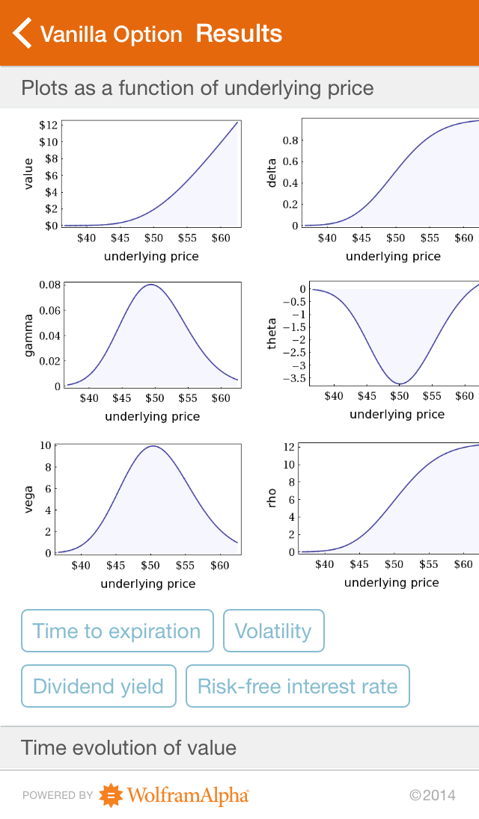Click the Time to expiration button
click(118, 631)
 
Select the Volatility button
click(273, 631)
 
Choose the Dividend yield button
click(98, 686)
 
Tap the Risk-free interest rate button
click(298, 686)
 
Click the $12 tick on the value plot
click(49, 126)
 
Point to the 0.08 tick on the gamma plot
click(50, 285)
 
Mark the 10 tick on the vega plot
click(46, 445)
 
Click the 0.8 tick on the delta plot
click(290, 140)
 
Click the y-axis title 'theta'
click(272, 333)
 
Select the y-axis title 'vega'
click(28, 500)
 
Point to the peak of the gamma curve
click(151, 284)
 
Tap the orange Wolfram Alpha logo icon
click(112, 795)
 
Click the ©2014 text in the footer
click(433, 796)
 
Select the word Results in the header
click(239, 34)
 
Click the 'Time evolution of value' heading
click(129, 747)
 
